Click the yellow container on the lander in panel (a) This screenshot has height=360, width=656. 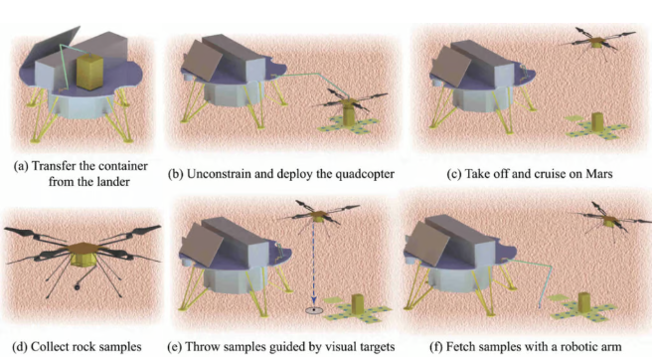coord(89,72)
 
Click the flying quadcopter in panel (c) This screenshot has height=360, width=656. coord(597,41)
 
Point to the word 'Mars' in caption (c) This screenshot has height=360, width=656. coord(599,174)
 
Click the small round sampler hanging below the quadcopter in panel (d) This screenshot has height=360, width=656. coord(77,286)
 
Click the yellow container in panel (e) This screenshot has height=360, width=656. coord(358,304)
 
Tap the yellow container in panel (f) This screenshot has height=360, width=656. coord(584,302)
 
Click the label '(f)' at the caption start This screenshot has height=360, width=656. coord(436,347)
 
